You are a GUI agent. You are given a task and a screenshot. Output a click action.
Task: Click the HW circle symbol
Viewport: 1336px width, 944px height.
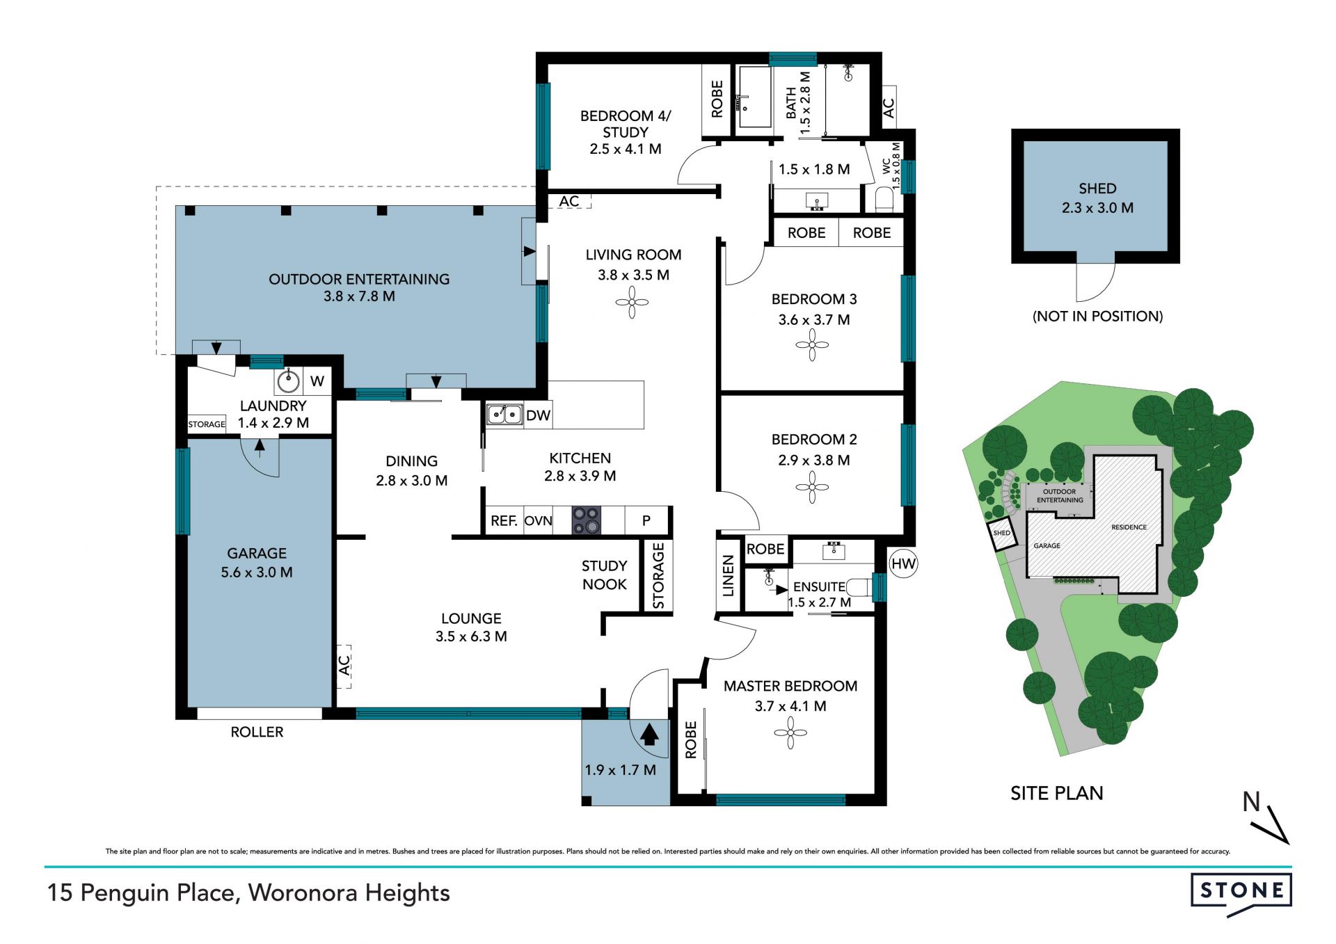(x=903, y=563)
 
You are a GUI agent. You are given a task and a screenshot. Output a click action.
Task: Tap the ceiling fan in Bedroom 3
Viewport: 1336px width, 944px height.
(x=812, y=344)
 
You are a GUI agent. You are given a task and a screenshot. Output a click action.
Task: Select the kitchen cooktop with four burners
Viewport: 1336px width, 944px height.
(x=586, y=520)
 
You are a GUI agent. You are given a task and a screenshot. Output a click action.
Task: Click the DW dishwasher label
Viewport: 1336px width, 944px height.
(x=538, y=415)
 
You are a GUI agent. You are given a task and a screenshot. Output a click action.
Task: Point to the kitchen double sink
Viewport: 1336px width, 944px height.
(x=504, y=415)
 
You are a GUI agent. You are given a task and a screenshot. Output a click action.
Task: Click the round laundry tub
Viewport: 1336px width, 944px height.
(x=288, y=381)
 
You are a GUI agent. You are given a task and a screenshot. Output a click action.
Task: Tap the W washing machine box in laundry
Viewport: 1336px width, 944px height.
(x=317, y=381)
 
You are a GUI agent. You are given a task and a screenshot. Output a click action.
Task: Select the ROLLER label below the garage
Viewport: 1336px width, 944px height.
(x=257, y=732)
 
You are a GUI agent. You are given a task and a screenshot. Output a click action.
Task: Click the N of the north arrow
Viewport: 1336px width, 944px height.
(x=1251, y=802)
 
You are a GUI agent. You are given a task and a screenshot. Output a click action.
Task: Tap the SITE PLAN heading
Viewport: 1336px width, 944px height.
(x=1056, y=793)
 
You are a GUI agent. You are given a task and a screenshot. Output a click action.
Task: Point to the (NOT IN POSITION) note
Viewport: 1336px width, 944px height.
(x=1097, y=317)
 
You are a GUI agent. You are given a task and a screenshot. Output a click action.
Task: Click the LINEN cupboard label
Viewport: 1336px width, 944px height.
(x=728, y=576)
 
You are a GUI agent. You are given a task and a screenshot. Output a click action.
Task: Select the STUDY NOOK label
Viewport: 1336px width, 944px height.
(x=605, y=575)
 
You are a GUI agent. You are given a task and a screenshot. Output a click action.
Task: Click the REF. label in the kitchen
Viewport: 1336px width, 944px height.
(x=504, y=521)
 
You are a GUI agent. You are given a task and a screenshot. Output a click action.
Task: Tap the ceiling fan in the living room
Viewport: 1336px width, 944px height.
(x=632, y=302)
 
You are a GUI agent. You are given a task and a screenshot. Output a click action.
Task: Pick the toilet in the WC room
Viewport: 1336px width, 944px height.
(x=884, y=198)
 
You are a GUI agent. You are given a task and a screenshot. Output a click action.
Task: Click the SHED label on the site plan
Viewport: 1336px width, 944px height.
(x=1001, y=533)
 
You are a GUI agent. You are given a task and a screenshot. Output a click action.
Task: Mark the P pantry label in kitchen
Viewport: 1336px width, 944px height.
(x=646, y=520)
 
